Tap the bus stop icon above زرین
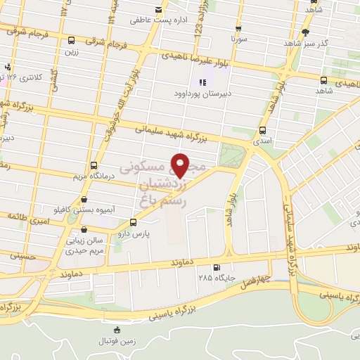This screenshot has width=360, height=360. click(71, 40)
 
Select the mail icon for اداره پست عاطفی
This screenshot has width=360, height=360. click(158, 10)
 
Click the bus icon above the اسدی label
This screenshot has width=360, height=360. click(262, 130)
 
